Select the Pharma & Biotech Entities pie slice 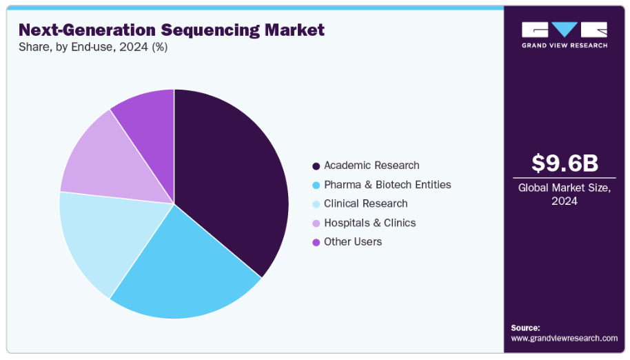coord(183,269)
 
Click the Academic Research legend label coord(372,166)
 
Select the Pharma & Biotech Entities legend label coord(387,185)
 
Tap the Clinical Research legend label coord(365,203)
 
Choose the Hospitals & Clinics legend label coord(369,223)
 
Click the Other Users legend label coord(352,241)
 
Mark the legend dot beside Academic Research coord(316,166)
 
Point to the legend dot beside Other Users coord(316,242)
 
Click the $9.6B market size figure coord(565,163)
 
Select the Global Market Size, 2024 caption coord(565,194)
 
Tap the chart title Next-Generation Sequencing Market coord(171,30)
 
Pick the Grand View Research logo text coord(565,46)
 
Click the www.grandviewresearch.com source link coord(564,338)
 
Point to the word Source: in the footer coord(525,328)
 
